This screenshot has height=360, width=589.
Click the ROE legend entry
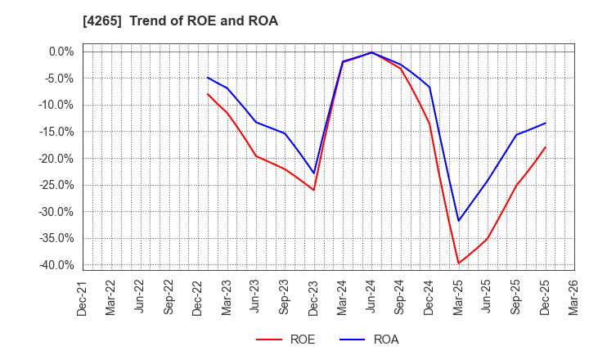tap(286, 340)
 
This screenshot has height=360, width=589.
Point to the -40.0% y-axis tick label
tap(55, 265)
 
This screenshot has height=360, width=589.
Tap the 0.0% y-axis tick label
tap(60, 52)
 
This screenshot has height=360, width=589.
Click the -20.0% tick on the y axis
tap(55, 158)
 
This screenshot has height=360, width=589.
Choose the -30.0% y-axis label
tap(55, 212)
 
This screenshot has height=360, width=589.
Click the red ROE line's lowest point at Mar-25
tap(458, 263)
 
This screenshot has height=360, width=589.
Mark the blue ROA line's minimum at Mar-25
tap(458, 221)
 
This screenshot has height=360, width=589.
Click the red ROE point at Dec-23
tap(314, 191)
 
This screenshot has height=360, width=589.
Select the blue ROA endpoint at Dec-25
tap(546, 124)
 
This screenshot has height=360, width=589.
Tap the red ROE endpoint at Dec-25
tap(546, 147)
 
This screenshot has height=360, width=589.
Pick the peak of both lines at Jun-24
tap(372, 52)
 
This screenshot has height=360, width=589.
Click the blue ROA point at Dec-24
tap(429, 88)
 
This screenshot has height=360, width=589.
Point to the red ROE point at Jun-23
tap(256, 156)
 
